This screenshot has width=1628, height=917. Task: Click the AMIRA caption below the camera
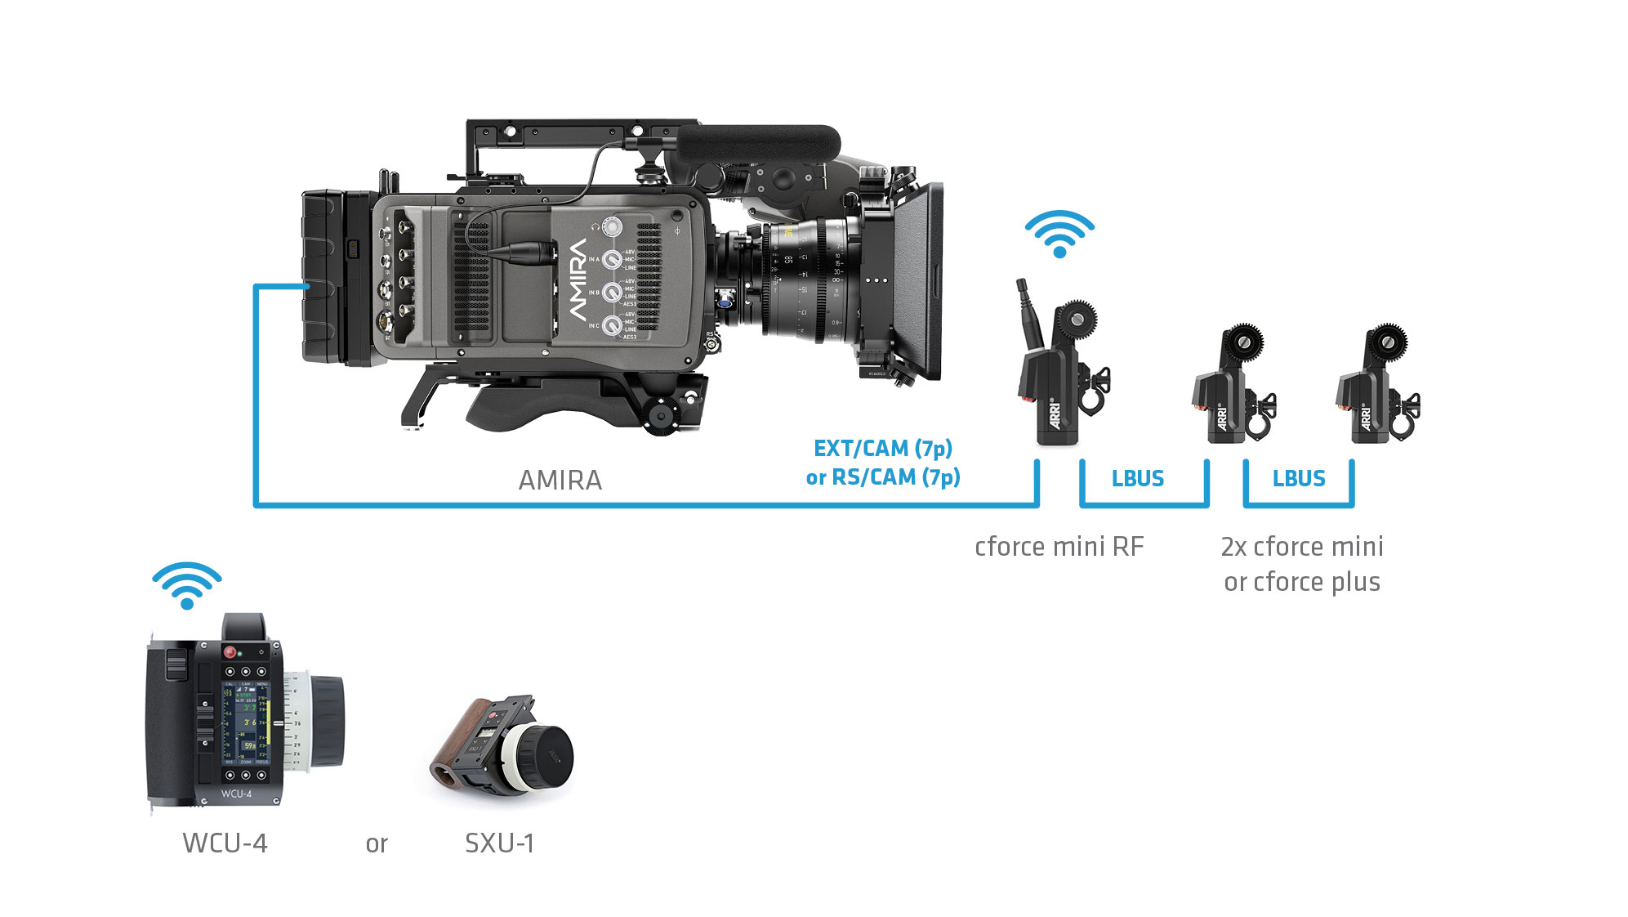pos(560,480)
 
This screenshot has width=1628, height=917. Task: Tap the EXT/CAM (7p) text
pos(883,449)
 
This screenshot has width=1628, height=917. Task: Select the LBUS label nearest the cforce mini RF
pos(1137,479)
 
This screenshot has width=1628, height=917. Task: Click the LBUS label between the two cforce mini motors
pos(1299,479)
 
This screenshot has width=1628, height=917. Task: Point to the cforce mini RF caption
pos(1059,547)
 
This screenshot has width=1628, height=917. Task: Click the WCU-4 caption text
pos(225,843)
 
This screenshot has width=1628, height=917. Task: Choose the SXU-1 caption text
pos(499,843)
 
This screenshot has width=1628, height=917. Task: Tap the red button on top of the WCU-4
pos(230,652)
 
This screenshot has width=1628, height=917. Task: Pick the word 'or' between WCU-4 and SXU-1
pos(377,844)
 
